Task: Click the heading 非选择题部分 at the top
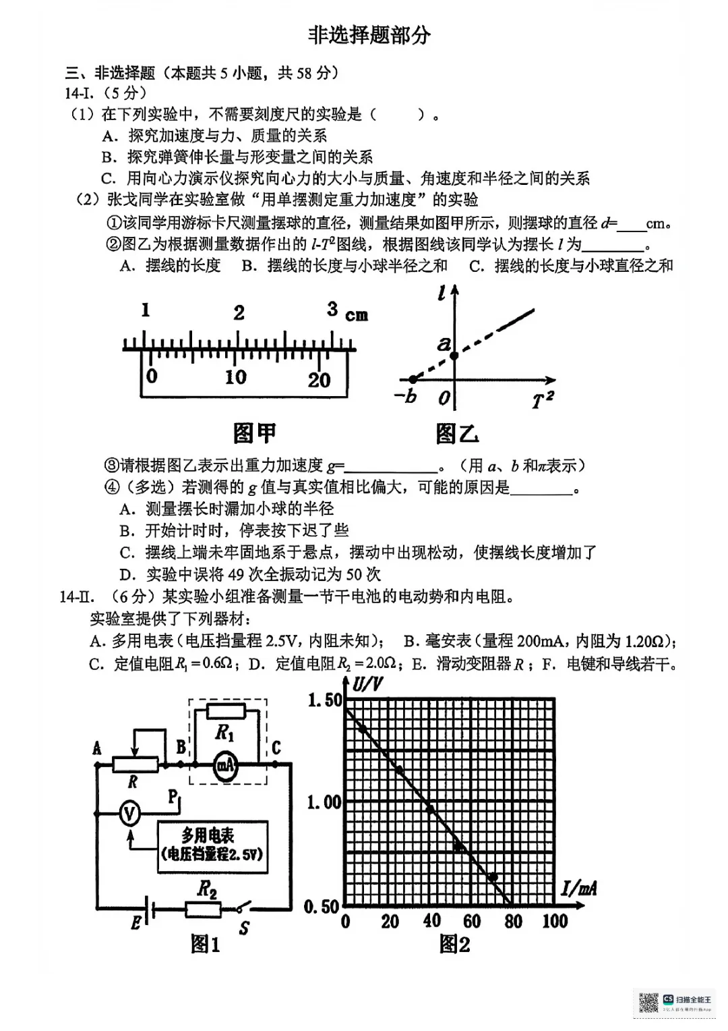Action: pos(369,35)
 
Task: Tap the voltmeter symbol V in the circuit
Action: pos(129,814)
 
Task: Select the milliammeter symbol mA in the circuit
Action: pos(225,764)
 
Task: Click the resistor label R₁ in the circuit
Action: pos(224,733)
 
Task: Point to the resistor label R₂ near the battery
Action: pos(207,889)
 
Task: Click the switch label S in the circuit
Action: pos(244,928)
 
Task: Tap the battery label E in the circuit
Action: pos(136,922)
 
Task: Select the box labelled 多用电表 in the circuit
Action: pos(212,846)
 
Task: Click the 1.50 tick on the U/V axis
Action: pos(325,700)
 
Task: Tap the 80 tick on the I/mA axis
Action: pos(513,921)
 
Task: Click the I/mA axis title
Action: pos(579,888)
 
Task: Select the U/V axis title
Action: pos(367,684)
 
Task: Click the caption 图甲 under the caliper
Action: pos(254,433)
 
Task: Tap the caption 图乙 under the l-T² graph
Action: pos(457,433)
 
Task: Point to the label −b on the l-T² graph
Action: pos(405,396)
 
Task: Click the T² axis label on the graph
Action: pos(543,401)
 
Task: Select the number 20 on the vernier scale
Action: pos(320,380)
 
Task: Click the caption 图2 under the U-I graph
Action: pos(454,944)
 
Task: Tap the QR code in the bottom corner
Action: pos(648,1002)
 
